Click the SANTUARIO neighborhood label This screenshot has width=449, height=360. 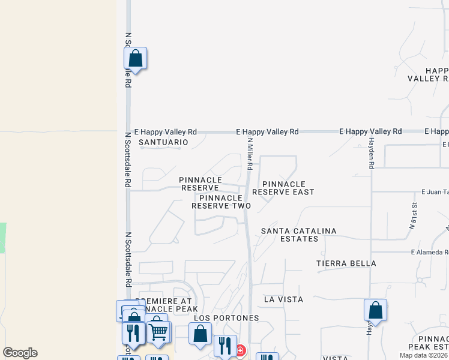(x=163, y=142)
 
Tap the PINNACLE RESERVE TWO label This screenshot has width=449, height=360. (x=221, y=202)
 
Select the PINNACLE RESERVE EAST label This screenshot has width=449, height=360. (x=283, y=188)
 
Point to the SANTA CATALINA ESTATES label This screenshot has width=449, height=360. (x=299, y=235)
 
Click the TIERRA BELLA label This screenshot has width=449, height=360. (x=346, y=263)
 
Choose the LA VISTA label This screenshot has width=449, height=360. (x=283, y=299)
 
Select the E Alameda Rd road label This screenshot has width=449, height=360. (x=429, y=253)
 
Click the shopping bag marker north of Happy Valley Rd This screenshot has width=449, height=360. (x=136, y=59)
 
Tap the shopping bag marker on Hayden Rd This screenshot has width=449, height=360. (x=375, y=311)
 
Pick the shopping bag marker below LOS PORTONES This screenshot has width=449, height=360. (x=200, y=334)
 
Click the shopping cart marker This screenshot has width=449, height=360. (x=158, y=331)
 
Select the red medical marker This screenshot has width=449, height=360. (x=240, y=350)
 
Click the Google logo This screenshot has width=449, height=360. (x=20, y=353)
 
